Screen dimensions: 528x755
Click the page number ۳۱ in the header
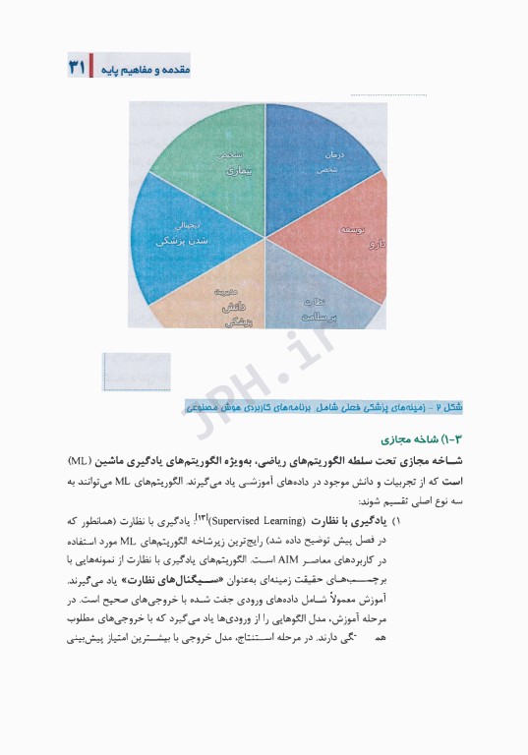[x=77, y=68]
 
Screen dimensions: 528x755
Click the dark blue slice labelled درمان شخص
[x=320, y=152]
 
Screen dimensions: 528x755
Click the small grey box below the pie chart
[x=136, y=372]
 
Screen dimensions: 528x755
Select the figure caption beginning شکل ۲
[x=323, y=406]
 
